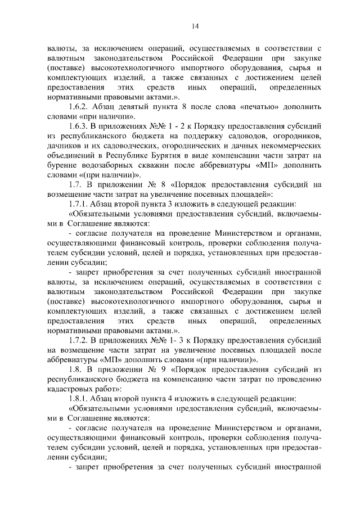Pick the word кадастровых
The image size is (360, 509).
[72, 389]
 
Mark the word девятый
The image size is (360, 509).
[133, 106]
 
